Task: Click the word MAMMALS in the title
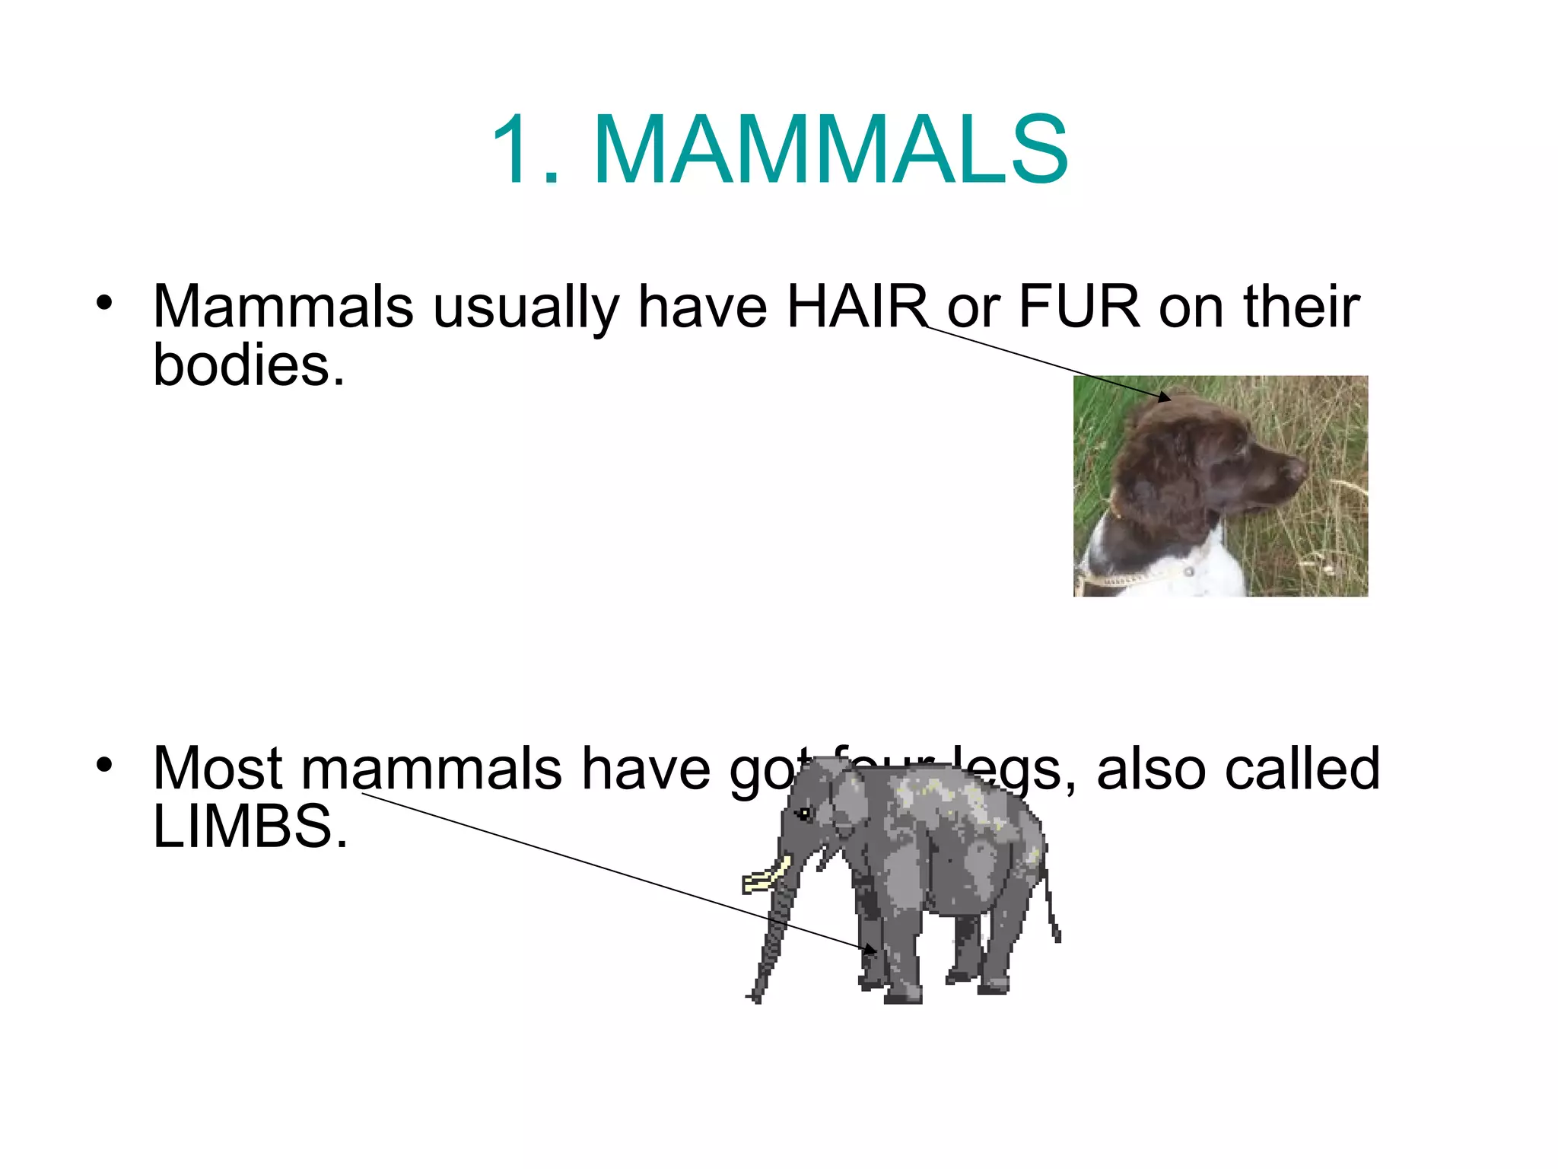831,149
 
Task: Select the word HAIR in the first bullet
857,306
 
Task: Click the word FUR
1079,306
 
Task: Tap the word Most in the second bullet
218,769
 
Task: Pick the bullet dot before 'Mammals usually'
104,303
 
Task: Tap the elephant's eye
804,814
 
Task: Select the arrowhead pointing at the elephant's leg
870,950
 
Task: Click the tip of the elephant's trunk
754,997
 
